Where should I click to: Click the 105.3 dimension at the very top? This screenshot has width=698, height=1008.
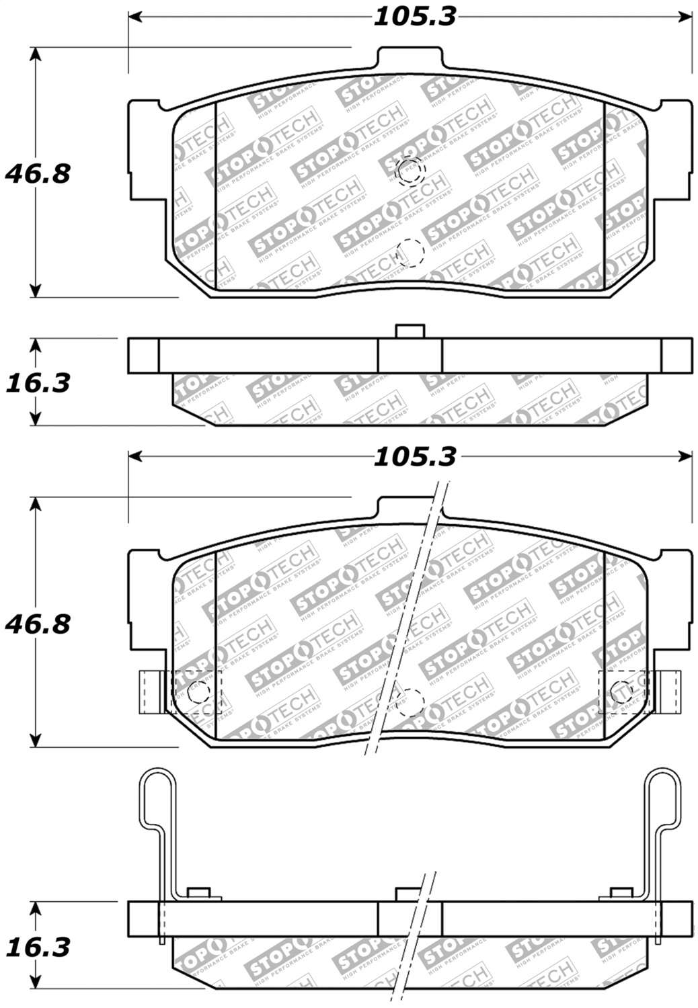click(x=414, y=16)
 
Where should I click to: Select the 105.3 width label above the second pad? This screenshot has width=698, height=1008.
click(x=414, y=457)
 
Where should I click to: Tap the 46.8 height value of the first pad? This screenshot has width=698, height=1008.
click(x=38, y=174)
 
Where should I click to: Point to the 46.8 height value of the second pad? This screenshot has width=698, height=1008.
click(x=38, y=624)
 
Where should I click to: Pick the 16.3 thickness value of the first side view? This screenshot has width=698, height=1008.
click(x=38, y=383)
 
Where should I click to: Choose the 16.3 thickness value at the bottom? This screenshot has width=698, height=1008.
click(x=38, y=948)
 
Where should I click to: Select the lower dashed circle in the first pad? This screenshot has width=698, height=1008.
click(x=410, y=253)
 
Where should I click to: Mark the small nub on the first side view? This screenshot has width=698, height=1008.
click(x=410, y=331)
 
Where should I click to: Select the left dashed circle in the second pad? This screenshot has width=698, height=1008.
click(x=198, y=691)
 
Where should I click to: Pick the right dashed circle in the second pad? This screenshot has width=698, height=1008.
click(x=621, y=691)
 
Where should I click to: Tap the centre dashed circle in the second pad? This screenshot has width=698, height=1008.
click(x=410, y=702)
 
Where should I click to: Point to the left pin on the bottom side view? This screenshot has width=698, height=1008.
click(x=197, y=892)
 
